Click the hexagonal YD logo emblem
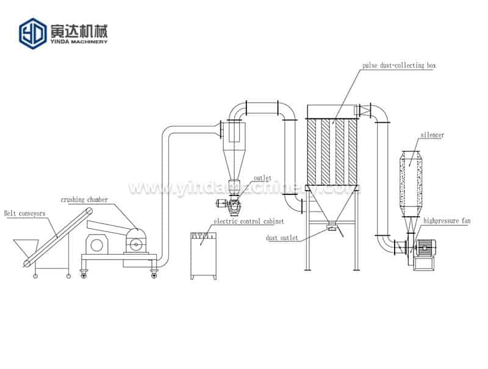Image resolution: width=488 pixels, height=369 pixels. pyautogui.click(x=32, y=33)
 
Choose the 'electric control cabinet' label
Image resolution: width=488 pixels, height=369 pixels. pyautogui.click(x=240, y=221)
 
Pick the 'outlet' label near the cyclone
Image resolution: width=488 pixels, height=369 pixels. pyautogui.click(x=262, y=178)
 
